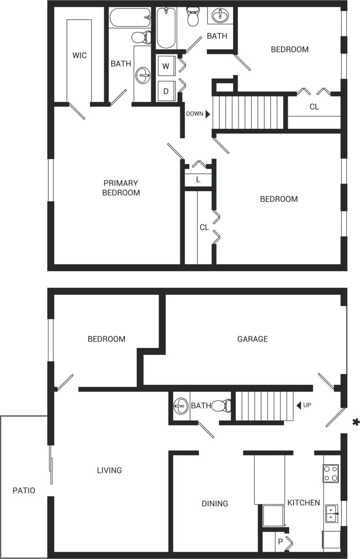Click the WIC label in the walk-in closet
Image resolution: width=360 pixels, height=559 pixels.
(x=79, y=56)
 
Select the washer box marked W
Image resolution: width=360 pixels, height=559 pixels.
(x=166, y=66)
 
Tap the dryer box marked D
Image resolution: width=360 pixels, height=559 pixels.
(x=166, y=91)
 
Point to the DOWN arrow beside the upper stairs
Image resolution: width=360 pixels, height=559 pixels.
(x=208, y=114)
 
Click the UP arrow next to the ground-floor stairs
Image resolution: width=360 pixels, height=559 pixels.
(x=299, y=405)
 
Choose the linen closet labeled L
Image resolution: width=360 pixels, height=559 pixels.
(x=198, y=179)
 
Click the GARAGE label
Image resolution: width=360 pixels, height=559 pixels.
(x=252, y=339)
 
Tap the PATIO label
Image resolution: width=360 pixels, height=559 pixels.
(x=24, y=491)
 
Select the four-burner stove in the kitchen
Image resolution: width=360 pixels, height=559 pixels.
(x=331, y=473)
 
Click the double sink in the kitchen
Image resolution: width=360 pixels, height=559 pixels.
(x=332, y=513)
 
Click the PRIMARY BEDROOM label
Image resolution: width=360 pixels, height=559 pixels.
(x=121, y=188)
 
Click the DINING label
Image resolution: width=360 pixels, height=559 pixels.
(x=215, y=503)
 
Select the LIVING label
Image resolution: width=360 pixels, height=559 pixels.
(x=109, y=470)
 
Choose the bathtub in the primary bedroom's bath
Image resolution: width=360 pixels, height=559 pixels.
(x=130, y=18)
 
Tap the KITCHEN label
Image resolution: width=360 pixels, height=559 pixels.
(x=303, y=502)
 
